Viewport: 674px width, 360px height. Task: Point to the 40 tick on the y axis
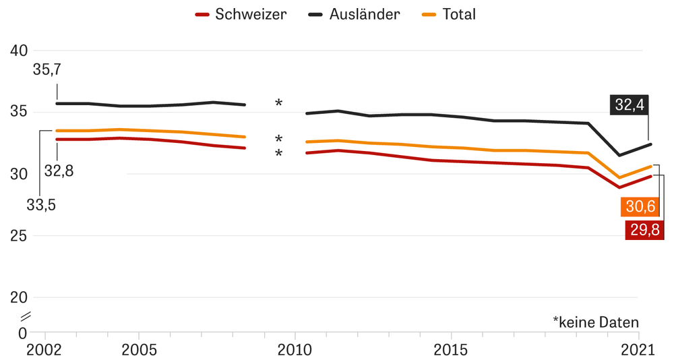click(19, 51)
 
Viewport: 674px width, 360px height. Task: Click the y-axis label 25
click(19, 236)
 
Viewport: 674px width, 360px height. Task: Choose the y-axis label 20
click(19, 298)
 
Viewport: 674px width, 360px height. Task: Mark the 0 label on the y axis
click(23, 333)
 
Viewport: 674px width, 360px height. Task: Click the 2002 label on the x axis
click(45, 350)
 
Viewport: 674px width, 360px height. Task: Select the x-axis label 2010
click(295, 350)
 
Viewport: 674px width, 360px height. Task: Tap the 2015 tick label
click(450, 350)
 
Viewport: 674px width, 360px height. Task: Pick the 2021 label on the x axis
click(638, 350)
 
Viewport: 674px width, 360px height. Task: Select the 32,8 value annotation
click(59, 171)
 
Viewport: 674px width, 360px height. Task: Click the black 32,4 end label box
click(629, 104)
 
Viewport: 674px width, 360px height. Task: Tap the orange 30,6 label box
click(639, 206)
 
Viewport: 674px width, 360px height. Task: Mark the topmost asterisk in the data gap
click(278, 103)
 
